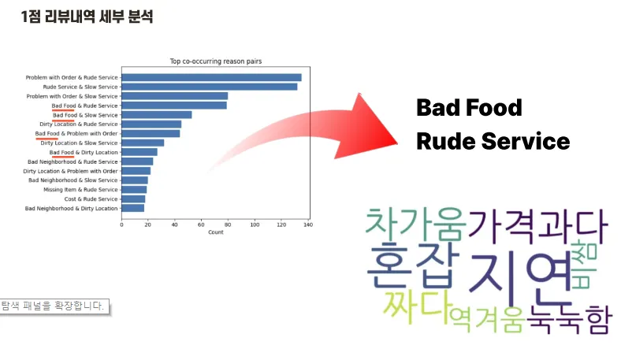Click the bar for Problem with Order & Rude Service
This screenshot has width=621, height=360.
211,78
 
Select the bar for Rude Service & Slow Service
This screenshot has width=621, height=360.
210,87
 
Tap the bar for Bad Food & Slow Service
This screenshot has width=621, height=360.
157,115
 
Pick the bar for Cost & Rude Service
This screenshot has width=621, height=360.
133,199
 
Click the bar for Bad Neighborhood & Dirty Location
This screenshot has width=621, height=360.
133,208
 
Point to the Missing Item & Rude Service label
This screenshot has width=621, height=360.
81,190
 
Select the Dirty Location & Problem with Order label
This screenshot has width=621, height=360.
70,171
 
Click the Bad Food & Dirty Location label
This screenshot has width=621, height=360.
84,153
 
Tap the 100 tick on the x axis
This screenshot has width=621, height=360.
255,225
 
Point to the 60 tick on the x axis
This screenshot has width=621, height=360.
201,225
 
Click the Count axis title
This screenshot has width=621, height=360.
216,232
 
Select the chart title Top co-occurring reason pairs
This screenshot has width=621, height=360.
216,61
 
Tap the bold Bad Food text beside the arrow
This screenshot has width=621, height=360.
470,108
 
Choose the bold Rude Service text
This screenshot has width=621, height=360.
493,141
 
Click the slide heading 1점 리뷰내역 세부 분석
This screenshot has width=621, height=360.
87,17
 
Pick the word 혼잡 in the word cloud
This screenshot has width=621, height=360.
413,265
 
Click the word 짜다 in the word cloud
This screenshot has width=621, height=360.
418,307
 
